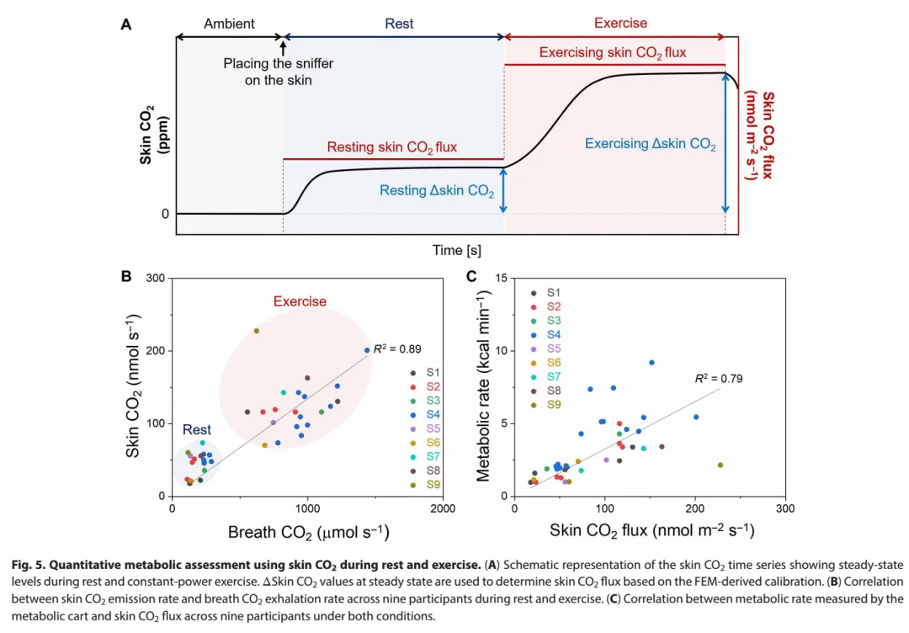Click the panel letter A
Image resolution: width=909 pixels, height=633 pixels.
[x=125, y=24]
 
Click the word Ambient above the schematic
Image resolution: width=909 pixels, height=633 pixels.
[x=230, y=24]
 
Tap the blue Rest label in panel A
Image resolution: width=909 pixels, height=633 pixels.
[x=399, y=24]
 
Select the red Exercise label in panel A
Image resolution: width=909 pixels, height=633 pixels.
[x=620, y=23]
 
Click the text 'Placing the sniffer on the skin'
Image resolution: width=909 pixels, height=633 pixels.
[x=268, y=72]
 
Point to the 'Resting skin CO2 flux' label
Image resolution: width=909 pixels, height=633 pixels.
[x=393, y=147]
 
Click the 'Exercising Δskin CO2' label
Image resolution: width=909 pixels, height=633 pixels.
[x=650, y=145]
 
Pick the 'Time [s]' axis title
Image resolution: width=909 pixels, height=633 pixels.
[x=458, y=250]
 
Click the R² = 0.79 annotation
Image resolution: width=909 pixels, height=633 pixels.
[x=718, y=379]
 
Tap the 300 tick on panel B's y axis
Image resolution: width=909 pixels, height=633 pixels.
[x=156, y=279]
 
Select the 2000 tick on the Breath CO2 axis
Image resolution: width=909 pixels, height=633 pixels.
[x=443, y=509]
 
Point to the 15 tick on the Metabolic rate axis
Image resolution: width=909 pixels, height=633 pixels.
[x=500, y=279]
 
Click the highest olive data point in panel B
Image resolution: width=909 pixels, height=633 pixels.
[x=257, y=331]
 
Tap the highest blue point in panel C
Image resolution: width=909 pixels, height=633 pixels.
[x=651, y=363]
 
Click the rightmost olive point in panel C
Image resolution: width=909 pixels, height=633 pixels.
[x=720, y=465]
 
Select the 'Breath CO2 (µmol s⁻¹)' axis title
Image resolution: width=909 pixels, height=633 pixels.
[x=308, y=532]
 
